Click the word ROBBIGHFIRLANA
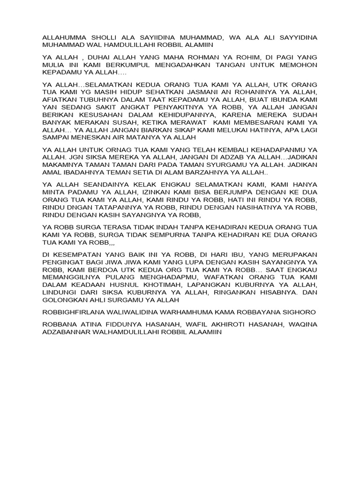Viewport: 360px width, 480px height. pos(76,312)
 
